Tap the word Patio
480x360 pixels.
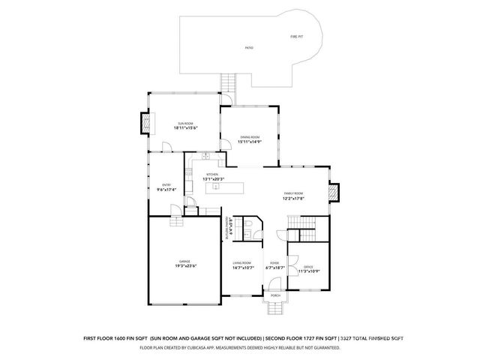[x=248, y=48]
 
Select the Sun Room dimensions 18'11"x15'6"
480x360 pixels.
[x=184, y=128]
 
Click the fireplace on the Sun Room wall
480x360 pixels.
[x=145, y=121]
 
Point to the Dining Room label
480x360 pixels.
[x=249, y=136]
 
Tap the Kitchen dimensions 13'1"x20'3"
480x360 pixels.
[x=213, y=179]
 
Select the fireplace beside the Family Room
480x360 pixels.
[x=335, y=193]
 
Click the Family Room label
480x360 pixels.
[x=293, y=193]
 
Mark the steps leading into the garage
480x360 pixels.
[x=176, y=222]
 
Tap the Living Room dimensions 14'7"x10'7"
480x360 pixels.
[x=243, y=267]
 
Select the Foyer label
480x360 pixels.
[x=274, y=262]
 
